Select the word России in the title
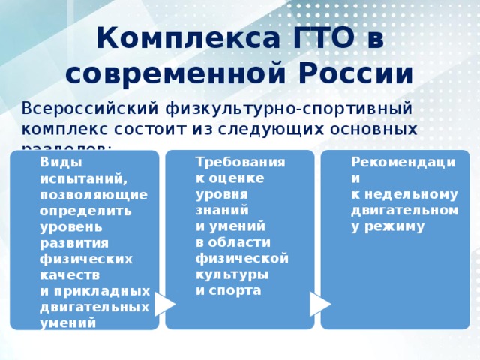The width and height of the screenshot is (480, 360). tap(351, 74)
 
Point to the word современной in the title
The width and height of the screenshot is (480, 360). tap(169, 74)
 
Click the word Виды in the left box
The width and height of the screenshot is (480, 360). tap(56, 161)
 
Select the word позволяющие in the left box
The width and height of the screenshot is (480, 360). tap(94, 194)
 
